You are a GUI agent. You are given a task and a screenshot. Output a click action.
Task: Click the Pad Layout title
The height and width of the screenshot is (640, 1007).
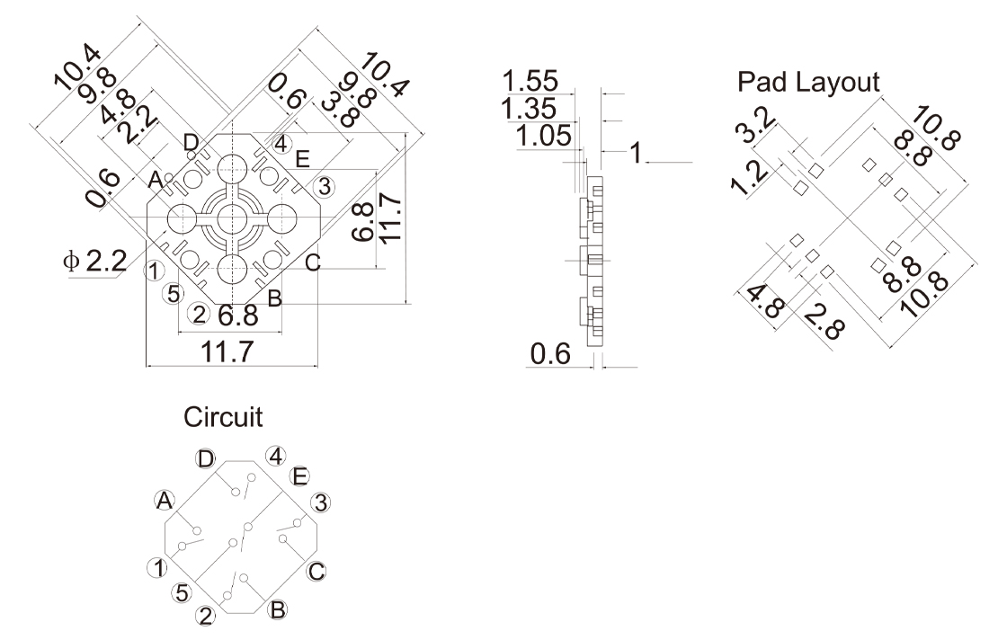tap(808, 83)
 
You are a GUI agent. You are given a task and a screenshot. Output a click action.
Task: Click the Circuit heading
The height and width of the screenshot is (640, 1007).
tap(224, 418)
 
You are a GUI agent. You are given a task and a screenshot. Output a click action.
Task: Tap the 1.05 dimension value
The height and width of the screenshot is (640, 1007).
tap(544, 137)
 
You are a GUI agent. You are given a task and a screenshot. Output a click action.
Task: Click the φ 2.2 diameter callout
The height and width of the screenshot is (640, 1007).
tap(93, 262)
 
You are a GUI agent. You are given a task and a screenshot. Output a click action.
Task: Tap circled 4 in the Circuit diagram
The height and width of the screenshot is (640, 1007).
tap(276, 456)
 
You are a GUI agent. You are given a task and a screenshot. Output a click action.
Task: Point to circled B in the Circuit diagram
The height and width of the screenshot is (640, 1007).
tap(278, 610)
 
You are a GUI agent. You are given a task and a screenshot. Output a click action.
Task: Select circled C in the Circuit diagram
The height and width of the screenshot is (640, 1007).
tap(316, 572)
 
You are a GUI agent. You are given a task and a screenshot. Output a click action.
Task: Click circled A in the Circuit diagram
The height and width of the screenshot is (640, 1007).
tap(164, 501)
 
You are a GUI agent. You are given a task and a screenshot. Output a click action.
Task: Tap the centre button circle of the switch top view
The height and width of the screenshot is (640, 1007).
tap(233, 218)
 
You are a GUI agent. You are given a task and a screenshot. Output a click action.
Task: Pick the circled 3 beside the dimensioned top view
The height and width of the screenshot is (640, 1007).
tap(324, 186)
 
